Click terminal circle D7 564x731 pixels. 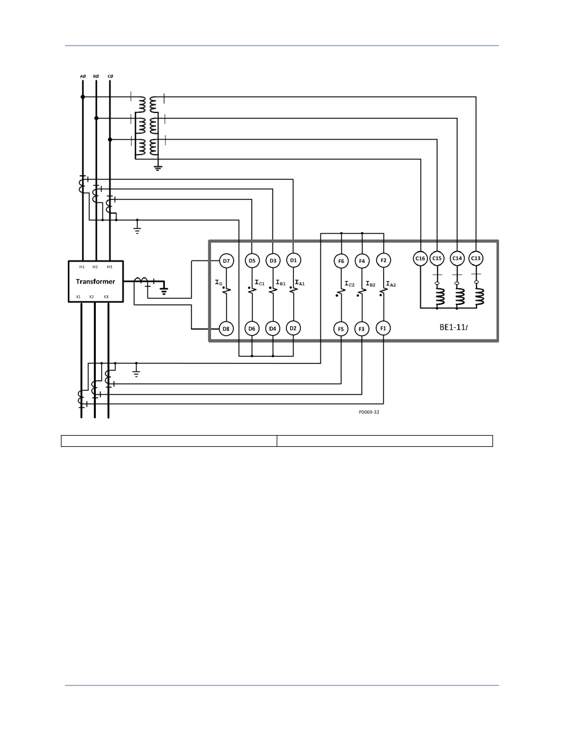tap(226, 260)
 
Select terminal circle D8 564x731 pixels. tap(226, 329)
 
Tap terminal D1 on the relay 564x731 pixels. tap(294, 260)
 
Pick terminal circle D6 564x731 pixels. tap(252, 329)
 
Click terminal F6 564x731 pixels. tap(341, 261)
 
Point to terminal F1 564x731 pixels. tap(383, 328)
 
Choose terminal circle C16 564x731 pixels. tap(420, 258)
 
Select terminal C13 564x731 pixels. tap(476, 258)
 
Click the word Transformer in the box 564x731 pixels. tap(95, 281)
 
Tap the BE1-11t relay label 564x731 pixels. tap(453, 327)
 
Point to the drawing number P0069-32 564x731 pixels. tap(369, 412)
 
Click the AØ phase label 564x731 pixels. tap(83, 76)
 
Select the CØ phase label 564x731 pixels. tap(111, 76)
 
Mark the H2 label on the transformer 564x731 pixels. tap(95, 267)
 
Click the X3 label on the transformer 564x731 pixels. tap(106, 297)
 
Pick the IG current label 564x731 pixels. tap(219, 282)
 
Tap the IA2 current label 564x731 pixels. tap(391, 284)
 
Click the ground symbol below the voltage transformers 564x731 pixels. tap(158, 168)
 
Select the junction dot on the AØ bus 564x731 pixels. tap(83, 97)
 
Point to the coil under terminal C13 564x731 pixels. tap(479, 297)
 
